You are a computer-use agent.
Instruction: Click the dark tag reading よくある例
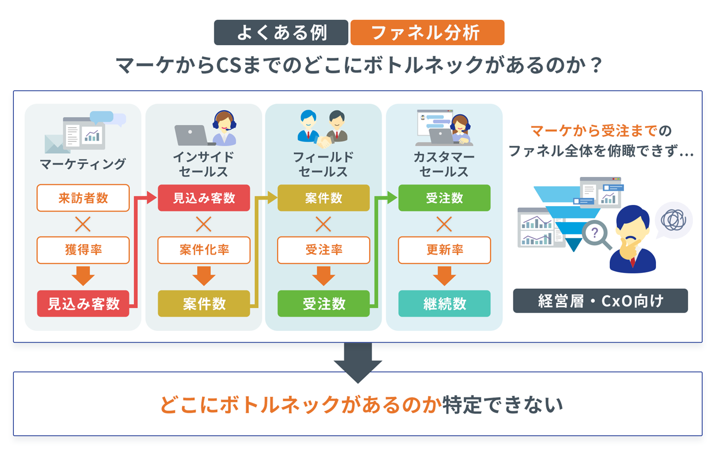click(281, 33)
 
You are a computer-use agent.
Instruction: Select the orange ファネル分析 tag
click(427, 33)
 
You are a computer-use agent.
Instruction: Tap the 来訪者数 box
click(83, 198)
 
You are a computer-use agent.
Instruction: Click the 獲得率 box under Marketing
click(83, 250)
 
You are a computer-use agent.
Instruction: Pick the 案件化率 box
click(204, 250)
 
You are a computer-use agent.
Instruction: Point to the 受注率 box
click(323, 250)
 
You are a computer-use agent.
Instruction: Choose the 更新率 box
click(444, 250)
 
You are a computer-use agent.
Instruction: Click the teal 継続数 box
click(444, 304)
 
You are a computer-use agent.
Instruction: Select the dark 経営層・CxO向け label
click(600, 301)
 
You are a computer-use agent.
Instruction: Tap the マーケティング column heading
click(83, 164)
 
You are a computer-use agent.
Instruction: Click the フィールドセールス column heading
click(323, 164)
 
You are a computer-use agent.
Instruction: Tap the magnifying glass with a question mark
click(596, 234)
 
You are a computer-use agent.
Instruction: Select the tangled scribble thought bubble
click(673, 219)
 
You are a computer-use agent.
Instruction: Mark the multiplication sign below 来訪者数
click(83, 224)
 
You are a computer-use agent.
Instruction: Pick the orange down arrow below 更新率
click(444, 275)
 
